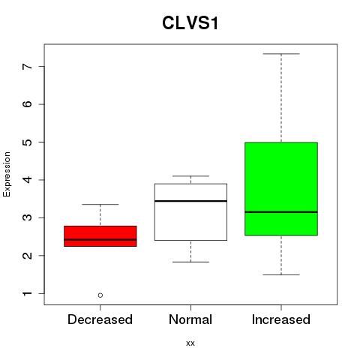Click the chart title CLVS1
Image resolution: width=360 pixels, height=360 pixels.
[x=190, y=23]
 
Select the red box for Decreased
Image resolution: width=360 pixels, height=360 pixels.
[x=100, y=236]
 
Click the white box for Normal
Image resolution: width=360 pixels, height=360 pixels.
[x=190, y=212]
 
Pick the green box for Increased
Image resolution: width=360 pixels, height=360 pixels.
[x=281, y=189]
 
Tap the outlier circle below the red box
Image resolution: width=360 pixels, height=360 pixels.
[x=100, y=295]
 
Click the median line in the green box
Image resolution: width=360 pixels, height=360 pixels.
[x=281, y=212]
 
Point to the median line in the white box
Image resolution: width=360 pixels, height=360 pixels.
[x=190, y=201]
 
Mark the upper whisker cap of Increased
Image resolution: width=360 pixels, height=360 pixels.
[x=281, y=54]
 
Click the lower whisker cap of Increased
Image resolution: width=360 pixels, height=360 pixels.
[x=281, y=274]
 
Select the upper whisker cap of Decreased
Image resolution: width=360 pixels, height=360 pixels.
[x=100, y=204]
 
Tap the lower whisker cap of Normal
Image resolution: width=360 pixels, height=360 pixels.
[x=190, y=262]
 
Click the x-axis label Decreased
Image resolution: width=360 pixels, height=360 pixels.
[x=100, y=319]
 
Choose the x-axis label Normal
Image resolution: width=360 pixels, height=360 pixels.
[x=190, y=319]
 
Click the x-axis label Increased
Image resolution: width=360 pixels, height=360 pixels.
[x=281, y=319]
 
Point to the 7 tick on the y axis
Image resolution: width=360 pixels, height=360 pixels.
[x=41, y=66]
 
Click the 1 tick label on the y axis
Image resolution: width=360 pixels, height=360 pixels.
[x=28, y=293]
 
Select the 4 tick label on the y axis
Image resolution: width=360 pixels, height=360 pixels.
[x=28, y=180]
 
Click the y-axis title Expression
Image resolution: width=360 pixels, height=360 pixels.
[x=7, y=174]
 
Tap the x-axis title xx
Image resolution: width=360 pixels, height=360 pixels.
[x=190, y=343]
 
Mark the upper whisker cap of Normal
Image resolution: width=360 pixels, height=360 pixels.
[x=190, y=176]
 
